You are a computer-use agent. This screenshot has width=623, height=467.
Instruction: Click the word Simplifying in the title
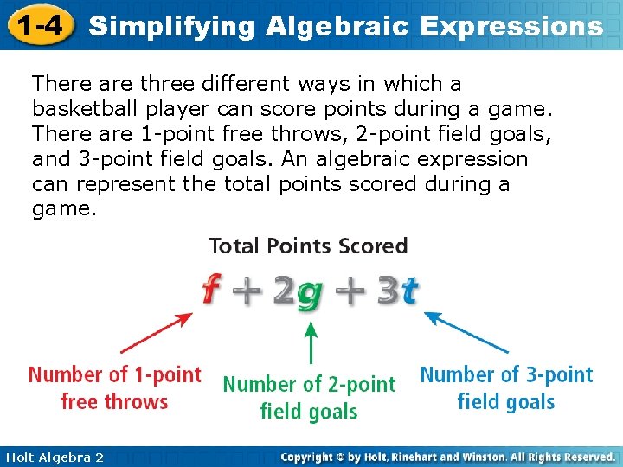point(172,26)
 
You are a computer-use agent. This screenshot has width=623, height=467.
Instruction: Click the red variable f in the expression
point(209,291)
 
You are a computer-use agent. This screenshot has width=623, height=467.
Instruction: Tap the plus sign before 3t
point(349,292)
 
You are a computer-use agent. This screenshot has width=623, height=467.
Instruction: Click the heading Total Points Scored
point(308,246)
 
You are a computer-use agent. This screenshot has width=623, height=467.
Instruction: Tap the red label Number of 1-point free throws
point(114,388)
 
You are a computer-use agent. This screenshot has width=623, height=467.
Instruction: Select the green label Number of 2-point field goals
point(309,397)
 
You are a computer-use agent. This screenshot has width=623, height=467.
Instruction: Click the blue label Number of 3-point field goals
point(506,388)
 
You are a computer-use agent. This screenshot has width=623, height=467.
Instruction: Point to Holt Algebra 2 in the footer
point(54,457)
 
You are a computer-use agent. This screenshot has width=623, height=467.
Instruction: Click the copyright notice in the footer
point(448,457)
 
